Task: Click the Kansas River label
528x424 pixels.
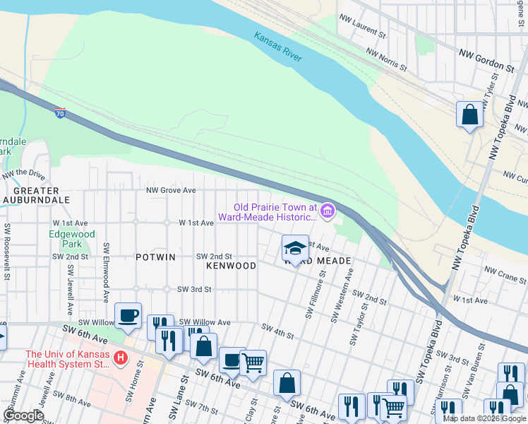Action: click(x=277, y=46)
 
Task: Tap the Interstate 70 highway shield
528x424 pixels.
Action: click(x=61, y=112)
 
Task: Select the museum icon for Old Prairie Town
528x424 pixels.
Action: click(x=327, y=211)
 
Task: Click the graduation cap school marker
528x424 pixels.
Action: click(x=294, y=248)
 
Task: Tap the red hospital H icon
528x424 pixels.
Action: click(x=121, y=359)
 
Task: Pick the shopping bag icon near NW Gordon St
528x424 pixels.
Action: click(x=469, y=114)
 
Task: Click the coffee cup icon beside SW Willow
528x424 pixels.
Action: click(x=128, y=315)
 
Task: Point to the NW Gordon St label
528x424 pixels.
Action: click(x=487, y=61)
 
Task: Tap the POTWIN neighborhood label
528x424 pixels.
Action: click(x=155, y=258)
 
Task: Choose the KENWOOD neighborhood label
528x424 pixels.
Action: click(x=231, y=266)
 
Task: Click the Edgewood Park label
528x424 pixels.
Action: click(x=71, y=239)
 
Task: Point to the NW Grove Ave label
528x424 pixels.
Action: click(x=170, y=190)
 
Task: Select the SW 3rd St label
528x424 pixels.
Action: click(x=195, y=289)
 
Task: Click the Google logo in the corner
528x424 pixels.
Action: click(x=23, y=416)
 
